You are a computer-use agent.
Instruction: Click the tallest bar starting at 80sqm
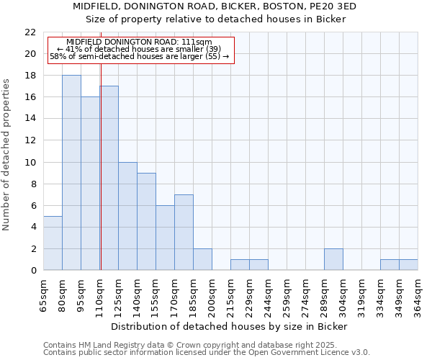71,173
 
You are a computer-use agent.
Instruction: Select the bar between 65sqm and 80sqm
53,243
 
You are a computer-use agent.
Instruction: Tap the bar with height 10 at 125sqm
127,216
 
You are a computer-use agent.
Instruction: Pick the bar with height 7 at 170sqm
184,233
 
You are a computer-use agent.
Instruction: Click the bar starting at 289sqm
333,259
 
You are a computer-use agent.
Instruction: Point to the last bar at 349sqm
408,265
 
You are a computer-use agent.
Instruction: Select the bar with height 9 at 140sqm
146,222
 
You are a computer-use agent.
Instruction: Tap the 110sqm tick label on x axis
99,294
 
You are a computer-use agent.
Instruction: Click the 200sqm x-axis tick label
212,294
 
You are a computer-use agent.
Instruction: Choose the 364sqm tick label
418,294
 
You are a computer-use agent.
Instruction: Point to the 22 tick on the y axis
30,32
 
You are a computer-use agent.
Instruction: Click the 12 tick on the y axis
30,140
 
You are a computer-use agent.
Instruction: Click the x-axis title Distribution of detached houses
230,326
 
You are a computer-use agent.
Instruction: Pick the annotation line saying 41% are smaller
139,49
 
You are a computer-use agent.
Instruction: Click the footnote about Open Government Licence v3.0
207,352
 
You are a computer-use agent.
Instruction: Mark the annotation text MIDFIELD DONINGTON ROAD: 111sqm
139,42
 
